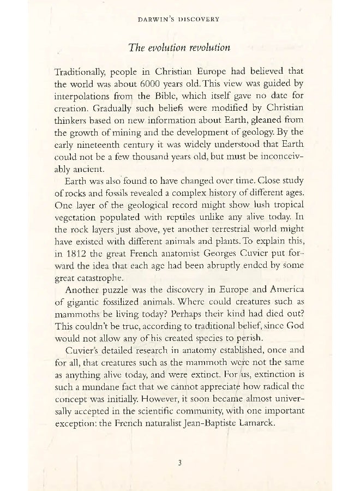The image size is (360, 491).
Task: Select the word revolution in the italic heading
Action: (x=207, y=47)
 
